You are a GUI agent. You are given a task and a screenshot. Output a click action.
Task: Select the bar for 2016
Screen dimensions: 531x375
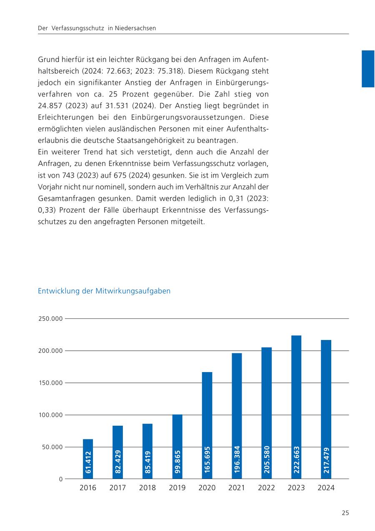tap(88, 459)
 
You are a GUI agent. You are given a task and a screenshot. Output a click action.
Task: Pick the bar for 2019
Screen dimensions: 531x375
tap(177, 446)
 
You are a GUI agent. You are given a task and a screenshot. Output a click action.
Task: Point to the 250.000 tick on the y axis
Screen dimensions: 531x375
tap(50, 319)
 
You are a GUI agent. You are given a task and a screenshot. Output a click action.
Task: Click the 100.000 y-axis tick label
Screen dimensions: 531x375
tap(50, 415)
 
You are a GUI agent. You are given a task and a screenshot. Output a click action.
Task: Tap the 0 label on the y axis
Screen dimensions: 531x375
tap(60, 479)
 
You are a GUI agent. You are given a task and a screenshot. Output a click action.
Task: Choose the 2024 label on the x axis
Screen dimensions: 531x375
tap(326, 488)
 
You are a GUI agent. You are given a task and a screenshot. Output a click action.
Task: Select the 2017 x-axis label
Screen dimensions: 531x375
tap(117, 488)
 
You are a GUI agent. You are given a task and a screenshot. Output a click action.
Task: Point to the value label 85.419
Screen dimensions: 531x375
tap(147, 462)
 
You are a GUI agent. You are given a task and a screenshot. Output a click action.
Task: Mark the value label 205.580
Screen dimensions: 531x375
tap(267, 460)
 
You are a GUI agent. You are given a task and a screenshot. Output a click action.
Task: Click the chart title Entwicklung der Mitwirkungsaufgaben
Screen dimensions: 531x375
tap(104, 291)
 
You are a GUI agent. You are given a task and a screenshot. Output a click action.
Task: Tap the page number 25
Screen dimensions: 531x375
tap(345, 513)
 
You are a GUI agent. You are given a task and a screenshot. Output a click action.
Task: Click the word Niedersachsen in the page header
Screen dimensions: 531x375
tap(137, 28)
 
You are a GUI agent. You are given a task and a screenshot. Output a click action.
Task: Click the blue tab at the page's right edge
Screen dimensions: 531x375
tap(368, 69)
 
